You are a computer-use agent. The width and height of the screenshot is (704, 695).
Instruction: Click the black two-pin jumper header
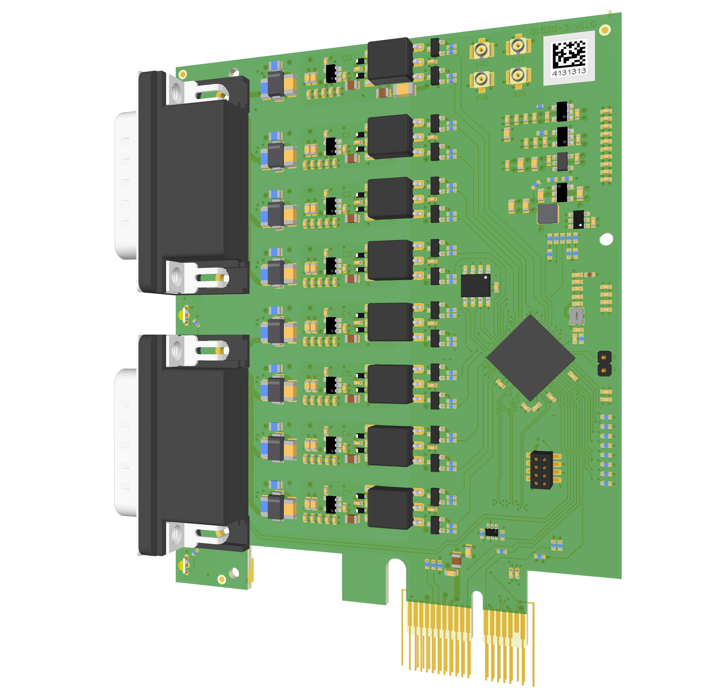(604, 364)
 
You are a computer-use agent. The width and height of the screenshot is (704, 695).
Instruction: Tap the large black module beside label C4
(389, 322)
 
